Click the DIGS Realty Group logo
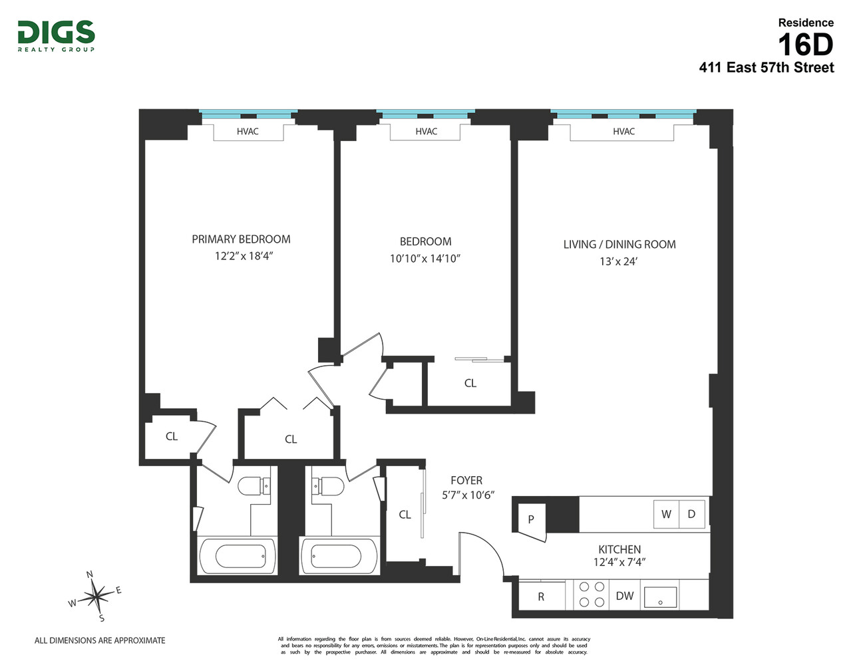click(56, 35)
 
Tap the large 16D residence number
click(805, 45)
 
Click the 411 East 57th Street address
click(766, 67)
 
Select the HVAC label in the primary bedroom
click(248, 132)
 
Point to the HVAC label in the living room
click(623, 132)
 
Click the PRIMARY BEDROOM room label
click(241, 239)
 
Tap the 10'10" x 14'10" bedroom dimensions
click(425, 259)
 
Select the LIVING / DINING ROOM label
click(619, 244)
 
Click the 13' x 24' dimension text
click(618, 261)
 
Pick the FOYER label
click(466, 480)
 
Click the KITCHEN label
click(619, 549)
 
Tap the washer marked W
click(666, 514)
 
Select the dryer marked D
click(691, 514)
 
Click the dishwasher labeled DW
click(624, 596)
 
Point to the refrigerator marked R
click(541, 597)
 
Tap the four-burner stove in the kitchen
click(592, 595)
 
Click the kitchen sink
click(660, 597)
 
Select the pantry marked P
click(531, 519)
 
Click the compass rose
click(97, 595)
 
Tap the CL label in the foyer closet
click(405, 515)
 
